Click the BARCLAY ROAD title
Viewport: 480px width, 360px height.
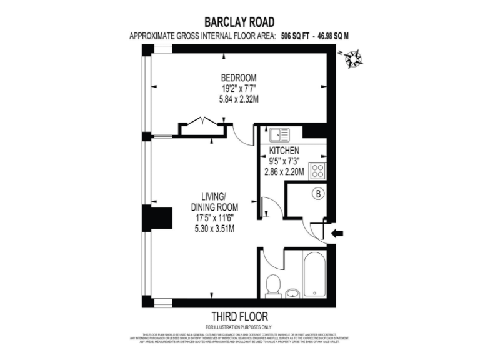tap(239, 21)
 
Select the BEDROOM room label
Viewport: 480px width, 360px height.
tap(239, 78)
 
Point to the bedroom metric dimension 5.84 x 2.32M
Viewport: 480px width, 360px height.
tap(239, 99)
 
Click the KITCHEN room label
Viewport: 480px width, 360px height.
tap(284, 151)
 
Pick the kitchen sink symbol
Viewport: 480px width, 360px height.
tap(279, 134)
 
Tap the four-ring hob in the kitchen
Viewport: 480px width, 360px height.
tap(317, 171)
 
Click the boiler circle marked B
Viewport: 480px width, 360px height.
tap(318, 194)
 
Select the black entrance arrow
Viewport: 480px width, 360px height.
tap(337, 234)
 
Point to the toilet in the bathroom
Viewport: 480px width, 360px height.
tap(272, 287)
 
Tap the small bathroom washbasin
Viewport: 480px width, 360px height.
tap(292, 292)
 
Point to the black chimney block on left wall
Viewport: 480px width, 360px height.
tap(151, 219)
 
